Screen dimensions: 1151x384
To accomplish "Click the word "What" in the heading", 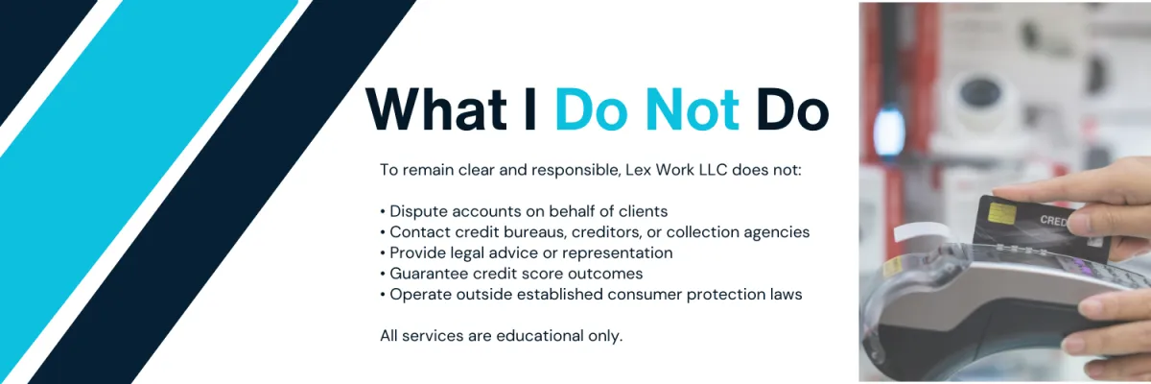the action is coord(436,109).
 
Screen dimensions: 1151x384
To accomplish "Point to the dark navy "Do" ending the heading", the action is coord(792,109).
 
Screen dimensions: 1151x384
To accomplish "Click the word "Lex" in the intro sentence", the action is coord(639,170).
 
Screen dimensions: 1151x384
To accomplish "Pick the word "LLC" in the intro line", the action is coord(714,170).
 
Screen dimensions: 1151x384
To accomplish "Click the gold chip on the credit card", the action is coord(1001,213).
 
